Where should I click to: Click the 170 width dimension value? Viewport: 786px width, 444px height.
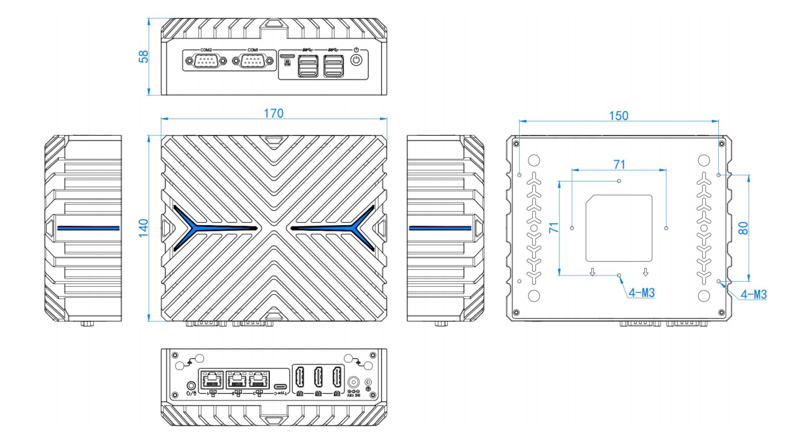coord(274,113)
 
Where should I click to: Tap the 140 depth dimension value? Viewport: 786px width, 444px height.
coord(144,228)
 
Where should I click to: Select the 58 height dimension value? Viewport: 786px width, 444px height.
coord(144,57)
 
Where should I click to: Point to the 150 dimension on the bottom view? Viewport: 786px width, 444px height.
coord(618,116)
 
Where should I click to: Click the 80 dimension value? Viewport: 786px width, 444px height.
coord(742,228)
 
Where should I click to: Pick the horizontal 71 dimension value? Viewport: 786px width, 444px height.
coord(619,164)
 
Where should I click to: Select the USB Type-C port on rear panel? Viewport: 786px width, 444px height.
coord(281,379)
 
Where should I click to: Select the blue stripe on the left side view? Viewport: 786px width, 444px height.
coord(88,228)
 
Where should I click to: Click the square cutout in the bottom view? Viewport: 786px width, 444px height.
coord(619,228)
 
